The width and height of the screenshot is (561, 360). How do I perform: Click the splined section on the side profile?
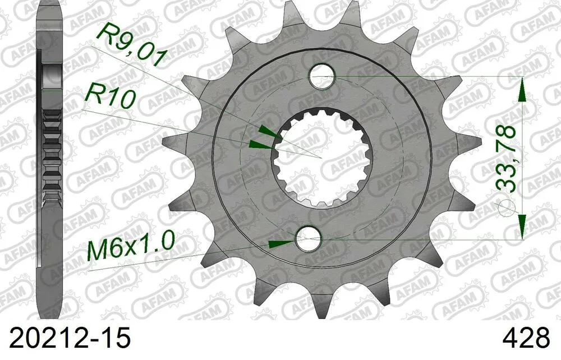[53, 151]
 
